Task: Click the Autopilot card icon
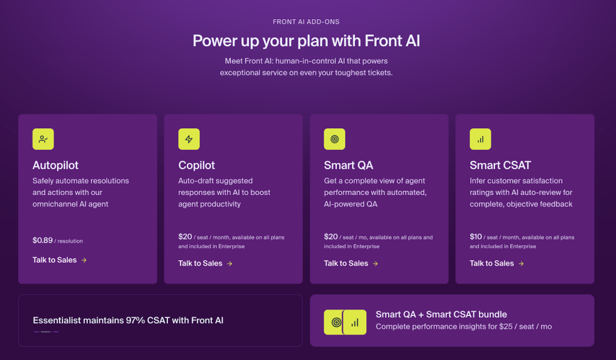pos(43,139)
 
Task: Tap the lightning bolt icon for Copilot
pos(189,139)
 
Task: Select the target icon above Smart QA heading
pos(334,139)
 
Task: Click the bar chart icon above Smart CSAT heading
pos(480,139)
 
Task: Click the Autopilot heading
pos(55,165)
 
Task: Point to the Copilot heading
pos(197,165)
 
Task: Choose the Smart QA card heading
pos(348,165)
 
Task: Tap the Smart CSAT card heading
pos(500,165)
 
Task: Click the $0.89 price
pos(43,240)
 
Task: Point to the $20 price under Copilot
pos(185,237)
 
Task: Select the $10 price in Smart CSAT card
pos(476,237)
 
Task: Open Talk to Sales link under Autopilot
pos(55,260)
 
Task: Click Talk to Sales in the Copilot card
pos(200,263)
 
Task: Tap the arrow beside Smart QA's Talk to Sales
pos(375,263)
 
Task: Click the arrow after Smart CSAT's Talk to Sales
pos(521,263)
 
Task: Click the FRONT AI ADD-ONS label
pos(306,22)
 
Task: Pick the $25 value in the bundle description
pos(497,326)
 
